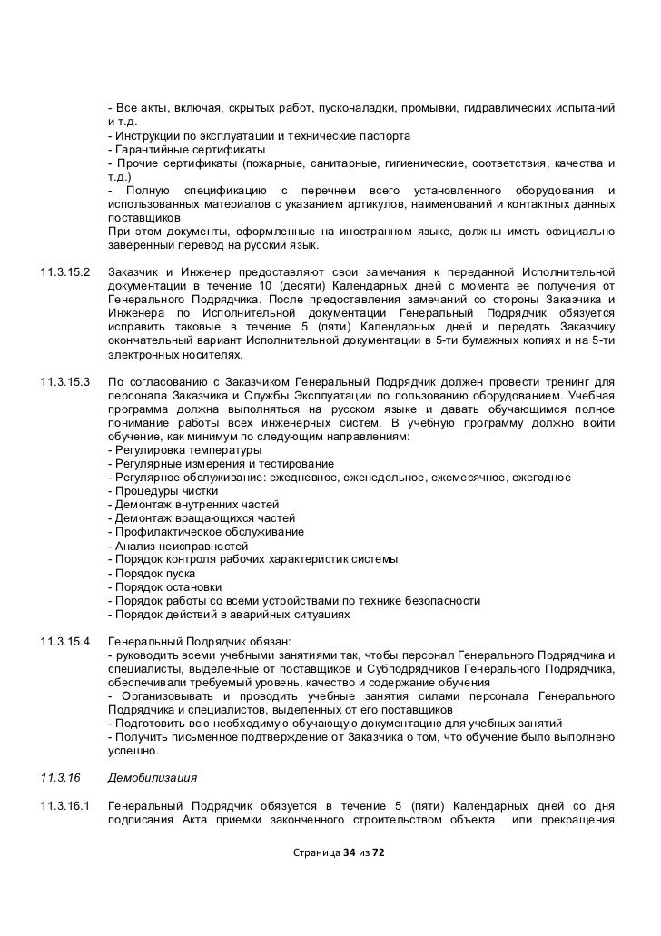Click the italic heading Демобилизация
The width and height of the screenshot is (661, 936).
152,778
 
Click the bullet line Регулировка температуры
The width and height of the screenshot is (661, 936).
184,450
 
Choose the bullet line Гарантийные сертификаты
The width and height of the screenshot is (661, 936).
186,149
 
